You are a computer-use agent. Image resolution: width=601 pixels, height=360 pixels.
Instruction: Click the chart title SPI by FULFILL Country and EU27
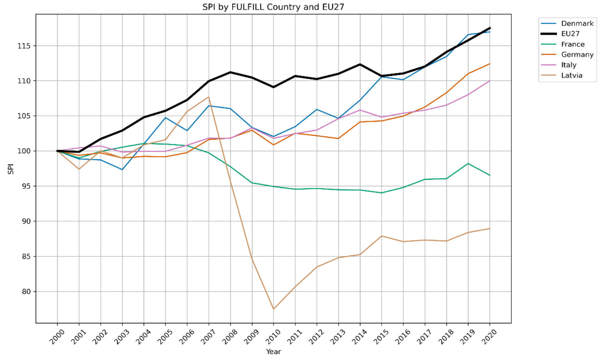click(273, 7)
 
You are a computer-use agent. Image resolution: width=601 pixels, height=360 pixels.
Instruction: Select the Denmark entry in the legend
click(577, 23)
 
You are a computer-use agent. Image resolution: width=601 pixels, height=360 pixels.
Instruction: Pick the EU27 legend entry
click(570, 34)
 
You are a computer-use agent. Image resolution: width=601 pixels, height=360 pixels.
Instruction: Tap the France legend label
click(573, 44)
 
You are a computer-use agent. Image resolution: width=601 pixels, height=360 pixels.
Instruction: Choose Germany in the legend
click(577, 55)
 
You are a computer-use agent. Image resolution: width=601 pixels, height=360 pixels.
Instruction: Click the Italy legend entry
click(568, 65)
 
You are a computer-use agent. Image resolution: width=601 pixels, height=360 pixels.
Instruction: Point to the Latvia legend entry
click(572, 75)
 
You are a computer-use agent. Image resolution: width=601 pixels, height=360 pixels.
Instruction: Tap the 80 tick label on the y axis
click(26, 292)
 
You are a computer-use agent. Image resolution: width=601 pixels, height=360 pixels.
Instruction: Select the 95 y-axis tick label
click(26, 186)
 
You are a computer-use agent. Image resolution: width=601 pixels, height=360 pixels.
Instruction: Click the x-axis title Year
click(273, 351)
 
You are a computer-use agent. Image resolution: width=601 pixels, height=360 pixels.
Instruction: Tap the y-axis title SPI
click(11, 169)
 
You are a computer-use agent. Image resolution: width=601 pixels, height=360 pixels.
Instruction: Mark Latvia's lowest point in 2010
click(273, 309)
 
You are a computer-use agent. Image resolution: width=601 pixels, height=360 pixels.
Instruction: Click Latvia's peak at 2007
click(209, 97)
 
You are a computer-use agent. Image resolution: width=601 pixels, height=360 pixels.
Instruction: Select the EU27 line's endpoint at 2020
click(490, 28)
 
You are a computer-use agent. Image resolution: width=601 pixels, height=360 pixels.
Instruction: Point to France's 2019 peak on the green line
click(468, 164)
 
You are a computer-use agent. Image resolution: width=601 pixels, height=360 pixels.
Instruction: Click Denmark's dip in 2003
click(122, 169)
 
